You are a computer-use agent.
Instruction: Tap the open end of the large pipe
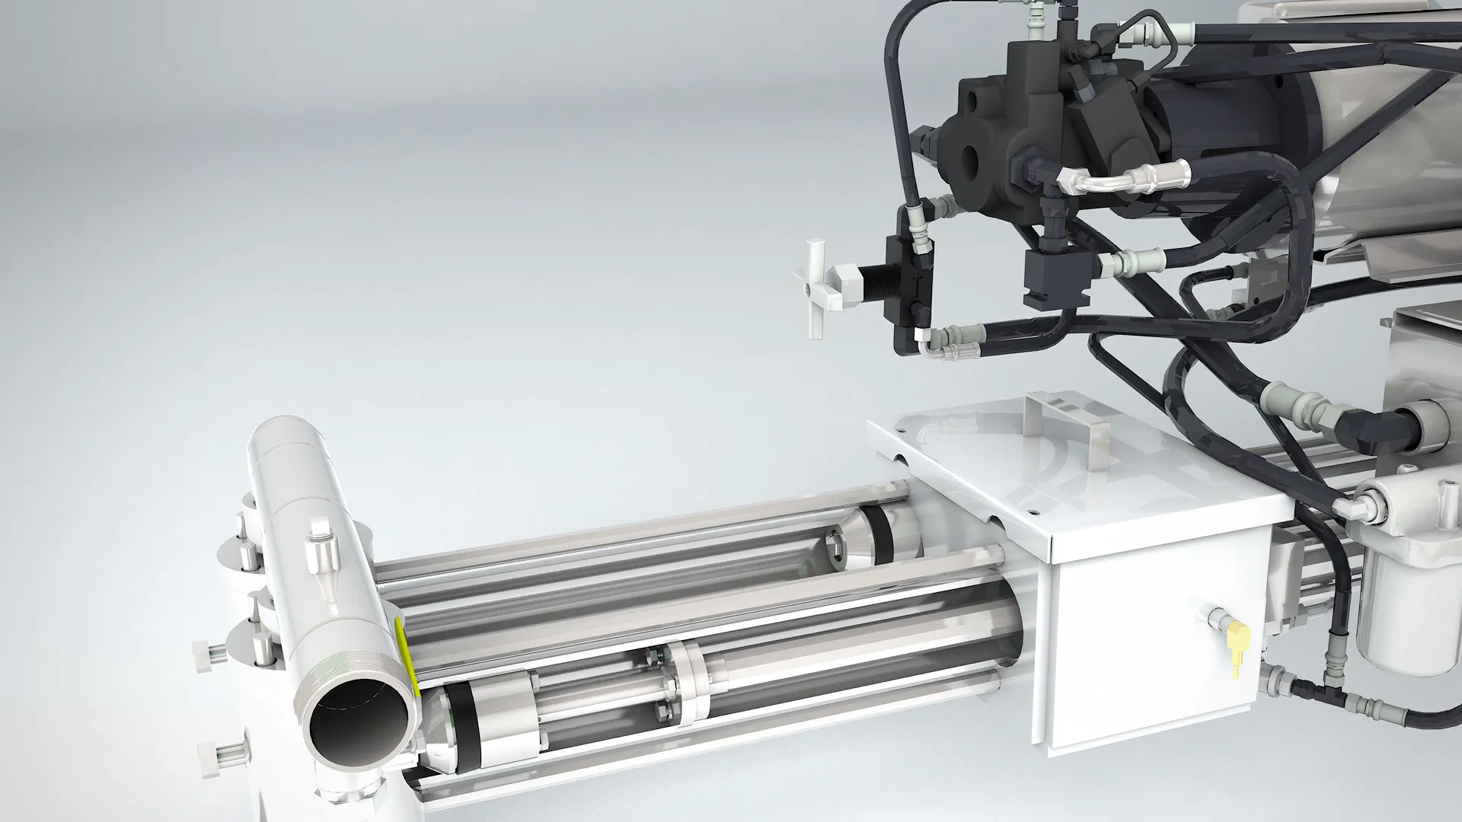point(359,715)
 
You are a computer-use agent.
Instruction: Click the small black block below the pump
point(1054,278)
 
